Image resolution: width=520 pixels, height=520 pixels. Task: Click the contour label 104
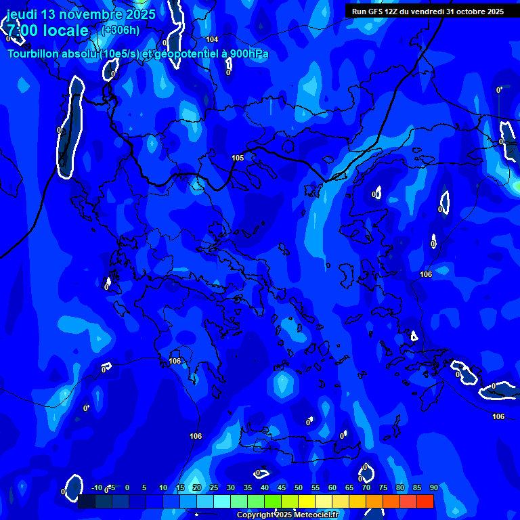212,40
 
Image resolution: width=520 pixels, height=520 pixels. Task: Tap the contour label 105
238,158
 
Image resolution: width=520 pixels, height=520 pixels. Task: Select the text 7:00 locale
48,30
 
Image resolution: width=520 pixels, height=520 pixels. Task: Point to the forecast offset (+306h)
121,30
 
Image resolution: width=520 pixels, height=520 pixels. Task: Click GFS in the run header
376,12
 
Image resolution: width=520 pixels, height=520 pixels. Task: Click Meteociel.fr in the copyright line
322,515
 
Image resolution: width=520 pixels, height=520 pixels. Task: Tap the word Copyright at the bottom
256,515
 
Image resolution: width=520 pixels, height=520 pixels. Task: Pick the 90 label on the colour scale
434,488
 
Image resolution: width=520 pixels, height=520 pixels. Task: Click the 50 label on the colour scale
299,488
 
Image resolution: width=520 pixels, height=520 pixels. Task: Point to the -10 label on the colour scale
96,488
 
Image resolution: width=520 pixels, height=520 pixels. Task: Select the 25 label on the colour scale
214,488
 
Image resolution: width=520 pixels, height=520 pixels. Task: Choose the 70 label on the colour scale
366,488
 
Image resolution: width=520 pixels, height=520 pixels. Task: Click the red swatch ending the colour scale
425,502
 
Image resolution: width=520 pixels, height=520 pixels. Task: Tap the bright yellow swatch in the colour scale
307,502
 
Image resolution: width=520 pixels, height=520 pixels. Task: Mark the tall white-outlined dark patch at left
70,129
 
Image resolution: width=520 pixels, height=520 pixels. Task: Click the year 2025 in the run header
494,12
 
